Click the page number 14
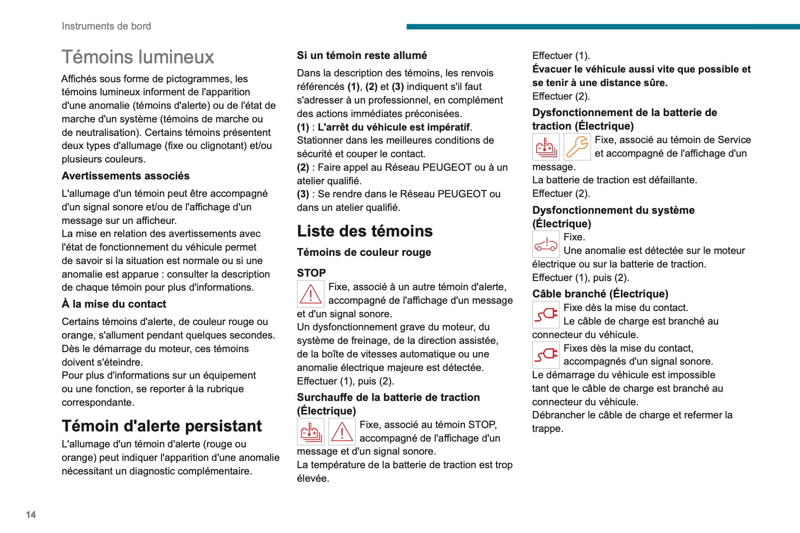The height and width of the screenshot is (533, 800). pyautogui.click(x=31, y=515)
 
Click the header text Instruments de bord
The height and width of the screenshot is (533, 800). pyautogui.click(x=106, y=26)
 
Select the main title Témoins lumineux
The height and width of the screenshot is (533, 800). pyautogui.click(x=137, y=57)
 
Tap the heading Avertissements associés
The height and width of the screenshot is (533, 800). pyautogui.click(x=125, y=176)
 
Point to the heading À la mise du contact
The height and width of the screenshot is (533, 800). pyautogui.click(x=114, y=304)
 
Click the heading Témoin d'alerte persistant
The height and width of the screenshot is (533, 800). pyautogui.click(x=162, y=426)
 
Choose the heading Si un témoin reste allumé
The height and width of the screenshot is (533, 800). pyautogui.click(x=362, y=55)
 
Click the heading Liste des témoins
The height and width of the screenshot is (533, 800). pyautogui.click(x=364, y=231)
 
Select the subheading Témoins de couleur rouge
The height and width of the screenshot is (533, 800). pyautogui.click(x=363, y=252)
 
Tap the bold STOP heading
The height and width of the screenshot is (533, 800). pyautogui.click(x=311, y=273)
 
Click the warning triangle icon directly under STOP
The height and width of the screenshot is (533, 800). pyautogui.click(x=310, y=294)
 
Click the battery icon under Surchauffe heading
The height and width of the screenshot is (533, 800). pyautogui.click(x=310, y=431)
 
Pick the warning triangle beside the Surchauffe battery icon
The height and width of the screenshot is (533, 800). pyautogui.click(x=342, y=431)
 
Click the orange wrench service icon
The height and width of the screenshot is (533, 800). pyautogui.click(x=577, y=147)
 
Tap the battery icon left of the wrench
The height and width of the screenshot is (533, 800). pyautogui.click(x=546, y=147)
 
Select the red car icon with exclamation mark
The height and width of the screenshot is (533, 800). pyautogui.click(x=546, y=244)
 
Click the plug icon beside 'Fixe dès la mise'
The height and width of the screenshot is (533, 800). pyautogui.click(x=546, y=314)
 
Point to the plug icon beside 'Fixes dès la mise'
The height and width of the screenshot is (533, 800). pyautogui.click(x=546, y=355)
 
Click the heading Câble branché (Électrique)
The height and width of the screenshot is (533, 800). pyautogui.click(x=600, y=294)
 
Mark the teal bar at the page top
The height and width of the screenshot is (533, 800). pyautogui.click(x=603, y=27)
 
